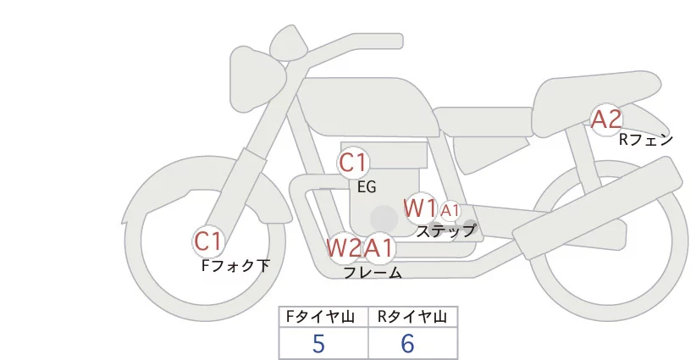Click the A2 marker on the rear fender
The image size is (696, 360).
(x=606, y=119)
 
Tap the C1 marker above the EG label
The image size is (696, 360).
(x=353, y=163)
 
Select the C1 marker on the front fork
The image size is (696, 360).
(x=207, y=242)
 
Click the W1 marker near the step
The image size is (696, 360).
(x=420, y=208)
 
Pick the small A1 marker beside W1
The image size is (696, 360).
(x=450, y=210)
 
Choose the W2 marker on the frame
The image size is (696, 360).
(x=344, y=248)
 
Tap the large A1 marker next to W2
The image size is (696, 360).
(x=379, y=248)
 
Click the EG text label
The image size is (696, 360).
(x=367, y=187)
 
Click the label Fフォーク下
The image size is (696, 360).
(x=235, y=266)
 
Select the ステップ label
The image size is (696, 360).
(x=445, y=230)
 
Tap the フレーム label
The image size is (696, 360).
(x=373, y=273)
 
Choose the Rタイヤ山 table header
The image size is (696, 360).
(x=412, y=317)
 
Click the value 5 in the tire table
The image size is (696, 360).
(x=318, y=343)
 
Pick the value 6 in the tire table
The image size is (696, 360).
(x=407, y=343)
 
